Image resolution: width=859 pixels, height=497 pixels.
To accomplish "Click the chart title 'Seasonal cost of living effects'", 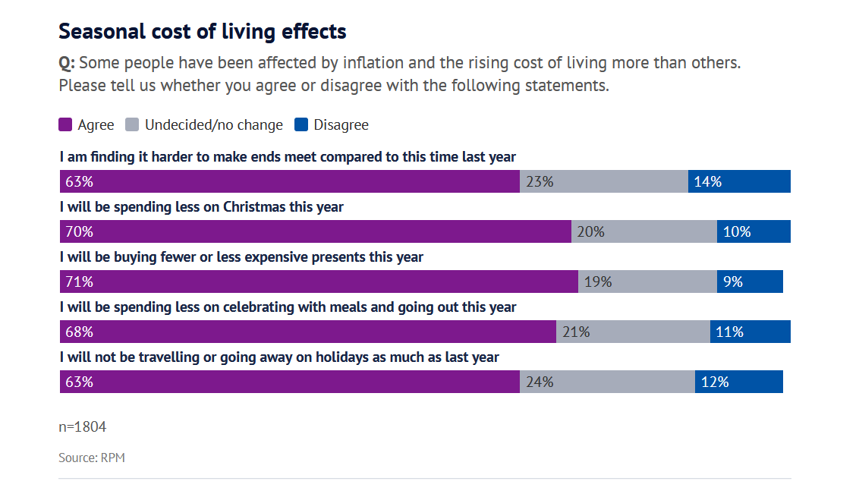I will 203,32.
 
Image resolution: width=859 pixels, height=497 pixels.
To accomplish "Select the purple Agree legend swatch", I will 65,125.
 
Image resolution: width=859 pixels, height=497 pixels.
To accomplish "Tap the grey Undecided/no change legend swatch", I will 132,125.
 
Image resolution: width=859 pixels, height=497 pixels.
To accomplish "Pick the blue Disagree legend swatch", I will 300,125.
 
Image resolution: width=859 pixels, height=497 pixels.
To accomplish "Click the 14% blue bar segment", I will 739,181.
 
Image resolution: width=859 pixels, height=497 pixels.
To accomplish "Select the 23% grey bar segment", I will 604,181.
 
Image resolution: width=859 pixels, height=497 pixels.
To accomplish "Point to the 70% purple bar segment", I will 315,231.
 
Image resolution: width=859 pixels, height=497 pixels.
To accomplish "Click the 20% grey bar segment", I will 643,231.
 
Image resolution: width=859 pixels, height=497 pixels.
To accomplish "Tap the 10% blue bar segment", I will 754,231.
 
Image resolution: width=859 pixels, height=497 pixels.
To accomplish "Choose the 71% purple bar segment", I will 319,282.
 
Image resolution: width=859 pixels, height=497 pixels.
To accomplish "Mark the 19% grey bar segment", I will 647,282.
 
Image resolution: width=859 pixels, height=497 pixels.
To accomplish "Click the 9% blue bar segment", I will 750,282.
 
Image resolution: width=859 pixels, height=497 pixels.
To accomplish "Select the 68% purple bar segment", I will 308,332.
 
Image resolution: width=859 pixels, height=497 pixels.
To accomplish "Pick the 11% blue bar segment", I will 750,332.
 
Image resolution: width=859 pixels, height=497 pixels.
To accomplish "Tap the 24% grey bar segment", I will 607,382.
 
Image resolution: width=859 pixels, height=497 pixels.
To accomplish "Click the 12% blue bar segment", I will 738,382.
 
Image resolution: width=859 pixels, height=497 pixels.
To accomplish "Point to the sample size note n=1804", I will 83,427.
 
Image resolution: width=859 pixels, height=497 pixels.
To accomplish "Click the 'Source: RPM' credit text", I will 92,458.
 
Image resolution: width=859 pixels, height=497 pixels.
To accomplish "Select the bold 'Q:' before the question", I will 67,63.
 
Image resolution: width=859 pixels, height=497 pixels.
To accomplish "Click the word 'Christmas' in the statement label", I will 254,207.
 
